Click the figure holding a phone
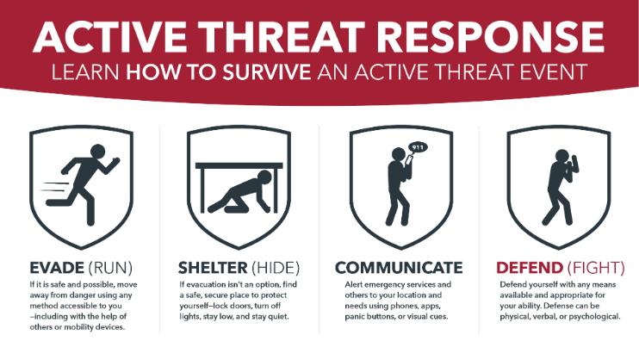tap(400, 185)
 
